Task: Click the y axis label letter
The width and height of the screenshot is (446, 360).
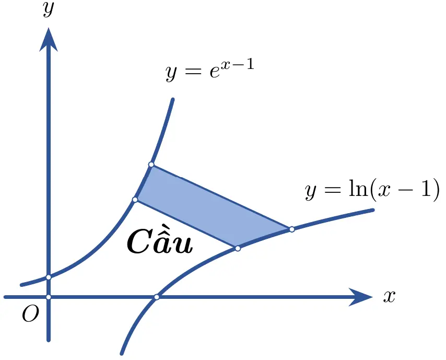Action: [x=49, y=10]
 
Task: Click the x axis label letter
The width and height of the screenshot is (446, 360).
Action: [x=389, y=297]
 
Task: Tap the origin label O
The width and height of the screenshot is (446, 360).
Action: [x=30, y=313]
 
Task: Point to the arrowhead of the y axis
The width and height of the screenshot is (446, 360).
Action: [x=49, y=39]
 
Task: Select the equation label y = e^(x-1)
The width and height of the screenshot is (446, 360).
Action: [x=210, y=70]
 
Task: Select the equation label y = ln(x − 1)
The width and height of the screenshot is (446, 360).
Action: [x=372, y=190]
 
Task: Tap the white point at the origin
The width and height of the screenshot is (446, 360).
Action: [x=49, y=297]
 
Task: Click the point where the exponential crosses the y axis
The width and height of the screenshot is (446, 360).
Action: [x=49, y=277]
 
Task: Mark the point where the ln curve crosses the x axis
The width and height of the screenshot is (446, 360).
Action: [x=157, y=297]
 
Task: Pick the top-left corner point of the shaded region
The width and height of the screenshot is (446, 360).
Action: [x=151, y=165]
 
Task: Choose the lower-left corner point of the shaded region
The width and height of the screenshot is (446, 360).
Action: [x=135, y=200]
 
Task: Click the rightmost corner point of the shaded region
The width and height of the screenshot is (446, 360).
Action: [x=292, y=229]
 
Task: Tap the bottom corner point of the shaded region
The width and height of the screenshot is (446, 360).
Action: [x=238, y=248]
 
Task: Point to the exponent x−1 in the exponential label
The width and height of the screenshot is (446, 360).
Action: [x=239, y=65]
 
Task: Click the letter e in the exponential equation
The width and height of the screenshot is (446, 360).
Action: [x=215, y=72]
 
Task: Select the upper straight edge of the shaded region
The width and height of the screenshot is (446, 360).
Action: [x=221, y=196]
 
